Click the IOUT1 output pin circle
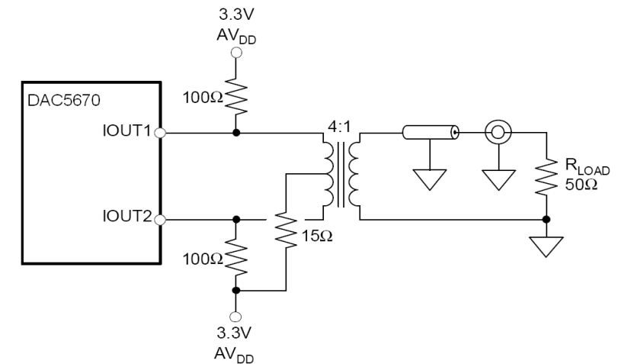pos(161,133)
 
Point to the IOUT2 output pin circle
pos(161,220)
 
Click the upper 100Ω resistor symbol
pos(236,96)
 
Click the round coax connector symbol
pos(497,133)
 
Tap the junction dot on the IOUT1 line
pos(236,133)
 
